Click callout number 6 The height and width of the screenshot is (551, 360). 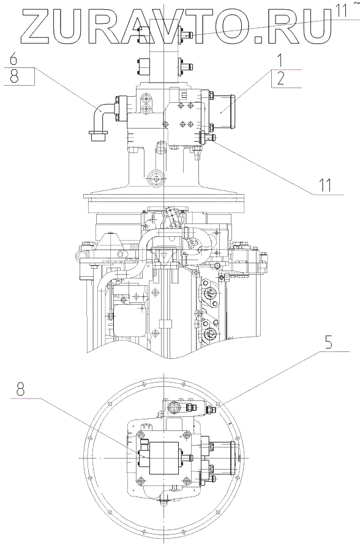[13, 59]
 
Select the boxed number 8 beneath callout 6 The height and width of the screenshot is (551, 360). [14, 76]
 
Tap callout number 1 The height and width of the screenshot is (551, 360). [280, 61]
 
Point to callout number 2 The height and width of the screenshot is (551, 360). [280, 79]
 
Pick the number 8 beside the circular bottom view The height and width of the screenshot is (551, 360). [21, 389]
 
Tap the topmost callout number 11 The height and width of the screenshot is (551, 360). [340, 10]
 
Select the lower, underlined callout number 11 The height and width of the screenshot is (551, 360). [325, 185]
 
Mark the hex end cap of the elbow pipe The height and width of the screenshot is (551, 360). [99, 136]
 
